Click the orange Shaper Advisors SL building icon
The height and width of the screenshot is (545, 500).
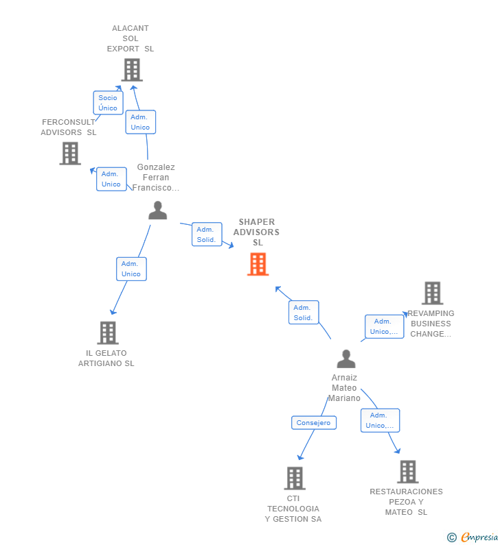tap(258, 264)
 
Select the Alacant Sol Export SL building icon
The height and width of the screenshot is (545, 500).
tap(132, 70)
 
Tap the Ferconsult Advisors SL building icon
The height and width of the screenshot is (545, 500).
tap(70, 154)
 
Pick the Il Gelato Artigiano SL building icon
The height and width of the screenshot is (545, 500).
tap(108, 333)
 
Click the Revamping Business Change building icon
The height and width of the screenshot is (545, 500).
tap(432, 293)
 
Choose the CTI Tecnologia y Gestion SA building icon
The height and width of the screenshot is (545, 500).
tap(295, 479)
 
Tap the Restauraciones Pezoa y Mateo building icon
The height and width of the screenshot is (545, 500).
tap(408, 472)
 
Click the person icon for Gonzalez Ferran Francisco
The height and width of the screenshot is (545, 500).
tap(158, 210)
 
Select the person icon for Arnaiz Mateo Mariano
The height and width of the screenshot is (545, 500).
tap(346, 359)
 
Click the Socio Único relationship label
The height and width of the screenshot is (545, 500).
tap(108, 103)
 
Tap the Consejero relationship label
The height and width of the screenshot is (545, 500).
tap(314, 423)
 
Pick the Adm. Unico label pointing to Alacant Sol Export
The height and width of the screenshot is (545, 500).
tap(140, 122)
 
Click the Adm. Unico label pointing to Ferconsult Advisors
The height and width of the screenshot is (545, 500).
tap(111, 179)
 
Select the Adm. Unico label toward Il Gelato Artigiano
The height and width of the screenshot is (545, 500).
tap(131, 269)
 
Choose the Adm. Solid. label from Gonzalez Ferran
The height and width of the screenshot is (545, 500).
tap(207, 234)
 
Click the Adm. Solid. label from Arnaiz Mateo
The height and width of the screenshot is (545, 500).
tap(304, 313)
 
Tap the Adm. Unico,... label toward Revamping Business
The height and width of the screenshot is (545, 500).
tap(384, 326)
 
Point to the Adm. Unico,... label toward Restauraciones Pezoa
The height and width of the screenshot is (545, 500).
tap(380, 420)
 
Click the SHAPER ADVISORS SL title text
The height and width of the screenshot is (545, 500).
tap(257, 232)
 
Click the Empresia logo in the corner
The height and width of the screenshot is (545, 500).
tap(473, 537)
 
